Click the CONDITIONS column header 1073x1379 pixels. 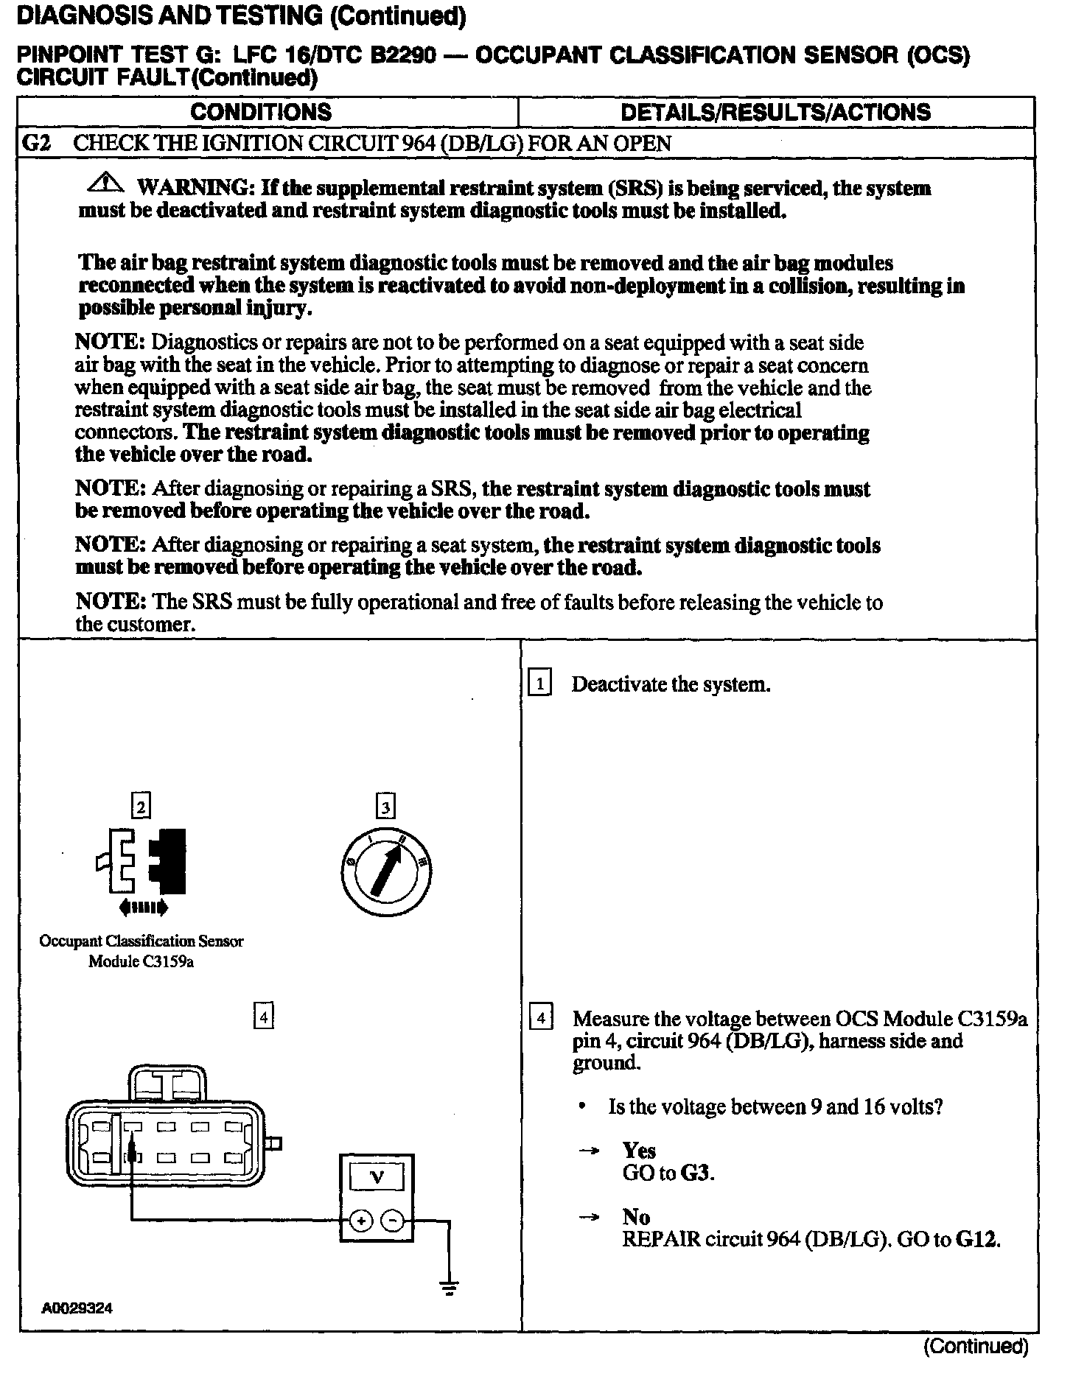point(261,112)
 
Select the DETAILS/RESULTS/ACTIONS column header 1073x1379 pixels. point(776,112)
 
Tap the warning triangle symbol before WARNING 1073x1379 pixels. point(108,182)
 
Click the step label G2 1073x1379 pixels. point(36,143)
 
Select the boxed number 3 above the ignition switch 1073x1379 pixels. point(386,807)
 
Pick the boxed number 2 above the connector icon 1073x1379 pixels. point(141,807)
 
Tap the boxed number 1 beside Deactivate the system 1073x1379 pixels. point(540,684)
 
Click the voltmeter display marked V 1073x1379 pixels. point(377,1178)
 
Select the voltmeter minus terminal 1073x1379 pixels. point(394,1221)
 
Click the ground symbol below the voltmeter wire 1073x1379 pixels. point(449,1285)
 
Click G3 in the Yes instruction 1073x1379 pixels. point(696,1172)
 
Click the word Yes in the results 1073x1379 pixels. point(639,1151)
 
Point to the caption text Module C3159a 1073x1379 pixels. point(141,961)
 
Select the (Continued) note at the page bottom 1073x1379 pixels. point(976,1347)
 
